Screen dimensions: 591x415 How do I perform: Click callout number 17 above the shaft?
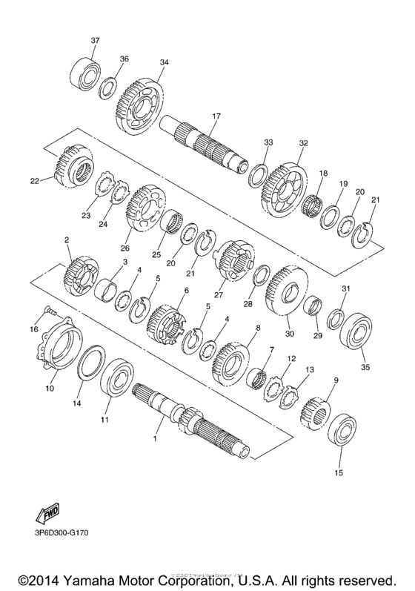[216, 116]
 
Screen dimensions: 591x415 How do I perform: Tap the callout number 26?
[124, 248]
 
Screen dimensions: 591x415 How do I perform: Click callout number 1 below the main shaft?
[156, 440]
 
